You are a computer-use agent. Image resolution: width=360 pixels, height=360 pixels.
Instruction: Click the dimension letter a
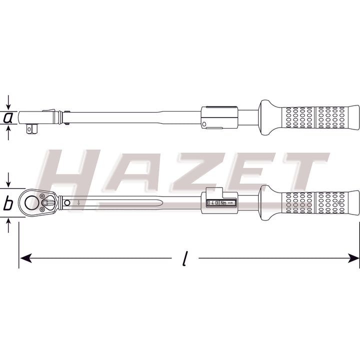(8, 118)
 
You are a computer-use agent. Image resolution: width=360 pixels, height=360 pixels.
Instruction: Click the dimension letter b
(8, 204)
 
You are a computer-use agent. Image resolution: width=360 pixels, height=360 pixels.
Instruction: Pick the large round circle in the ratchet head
(32, 202)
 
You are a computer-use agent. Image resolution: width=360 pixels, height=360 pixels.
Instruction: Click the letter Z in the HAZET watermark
(200, 172)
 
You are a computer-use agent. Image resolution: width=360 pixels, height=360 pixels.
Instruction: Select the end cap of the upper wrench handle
(354, 117)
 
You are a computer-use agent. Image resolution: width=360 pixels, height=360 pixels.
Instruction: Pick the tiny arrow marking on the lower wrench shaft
(78, 203)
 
